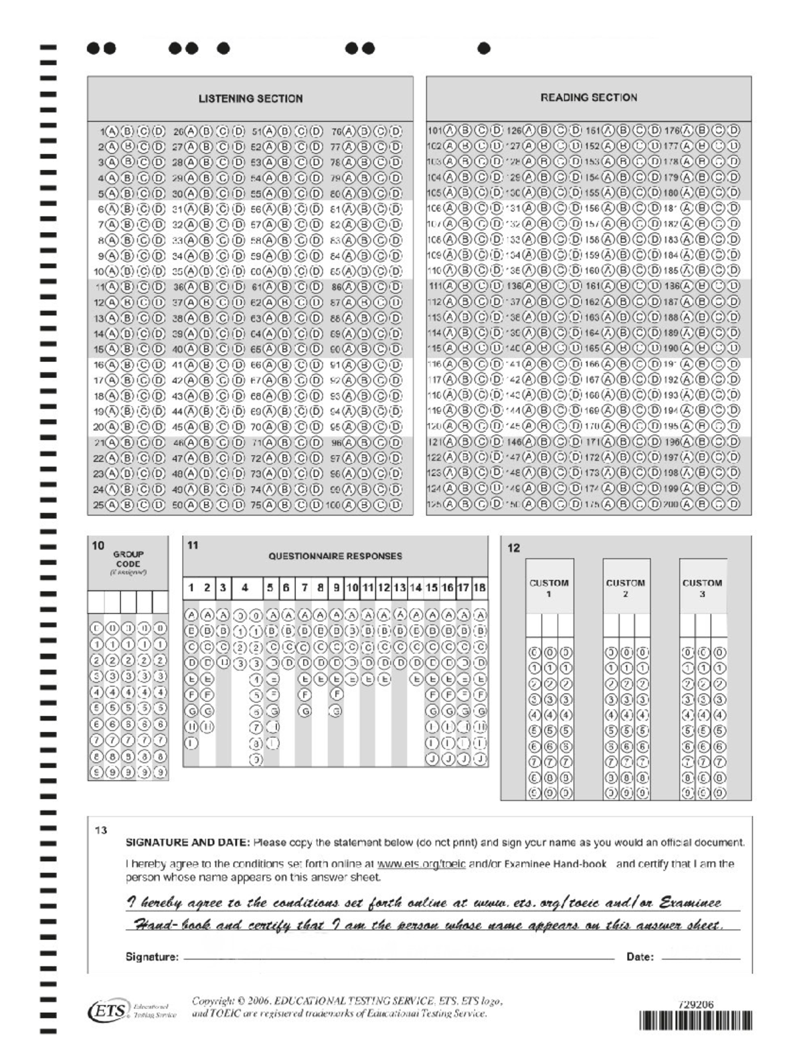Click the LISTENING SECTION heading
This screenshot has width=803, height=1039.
250,98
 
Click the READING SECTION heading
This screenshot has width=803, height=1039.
588,97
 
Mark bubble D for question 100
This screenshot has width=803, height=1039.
396,506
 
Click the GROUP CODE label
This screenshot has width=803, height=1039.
128,559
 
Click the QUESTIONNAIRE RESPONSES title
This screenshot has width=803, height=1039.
335,556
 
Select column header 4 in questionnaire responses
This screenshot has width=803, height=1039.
246,588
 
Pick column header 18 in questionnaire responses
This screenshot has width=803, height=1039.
480,588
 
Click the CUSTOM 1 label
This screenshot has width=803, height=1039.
549,587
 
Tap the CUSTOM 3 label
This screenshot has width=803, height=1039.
702,587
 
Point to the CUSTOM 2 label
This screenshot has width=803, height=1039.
625,587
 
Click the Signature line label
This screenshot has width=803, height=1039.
152,957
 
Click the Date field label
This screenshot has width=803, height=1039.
640,957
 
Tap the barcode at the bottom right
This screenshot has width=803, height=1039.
696,1021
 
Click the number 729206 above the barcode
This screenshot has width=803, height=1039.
696,1004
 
